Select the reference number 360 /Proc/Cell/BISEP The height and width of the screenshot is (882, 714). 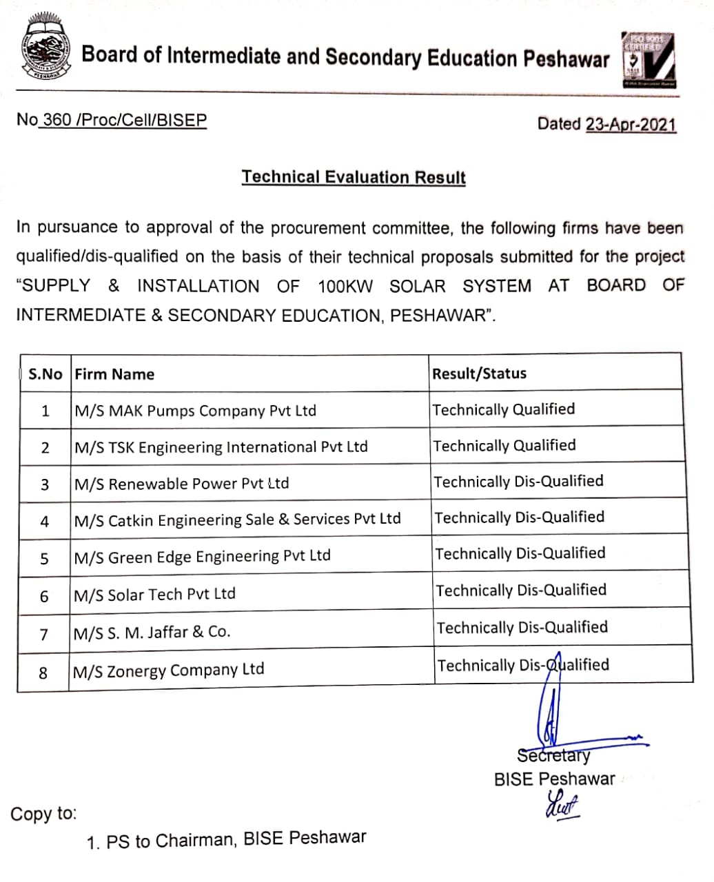point(124,120)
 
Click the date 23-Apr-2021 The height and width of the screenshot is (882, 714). point(631,125)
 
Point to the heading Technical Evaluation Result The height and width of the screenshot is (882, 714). point(354,177)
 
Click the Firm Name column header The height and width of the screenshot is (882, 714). point(114,374)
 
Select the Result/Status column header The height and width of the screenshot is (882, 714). point(479,373)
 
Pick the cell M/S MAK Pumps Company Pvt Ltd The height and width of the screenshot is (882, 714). point(195,411)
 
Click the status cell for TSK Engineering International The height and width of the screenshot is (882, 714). point(504,446)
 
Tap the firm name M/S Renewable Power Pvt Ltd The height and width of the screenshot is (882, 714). point(182,484)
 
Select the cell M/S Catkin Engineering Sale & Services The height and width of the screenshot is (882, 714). point(238,520)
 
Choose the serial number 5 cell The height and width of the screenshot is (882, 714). point(45,558)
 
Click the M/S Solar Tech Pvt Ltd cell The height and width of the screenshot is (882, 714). point(155,594)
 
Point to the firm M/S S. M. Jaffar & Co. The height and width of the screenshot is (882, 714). point(152,632)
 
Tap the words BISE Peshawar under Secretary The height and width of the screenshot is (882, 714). point(554,779)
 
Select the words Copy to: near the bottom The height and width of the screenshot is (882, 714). point(43,814)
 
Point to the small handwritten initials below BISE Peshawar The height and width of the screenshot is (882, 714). point(562,804)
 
